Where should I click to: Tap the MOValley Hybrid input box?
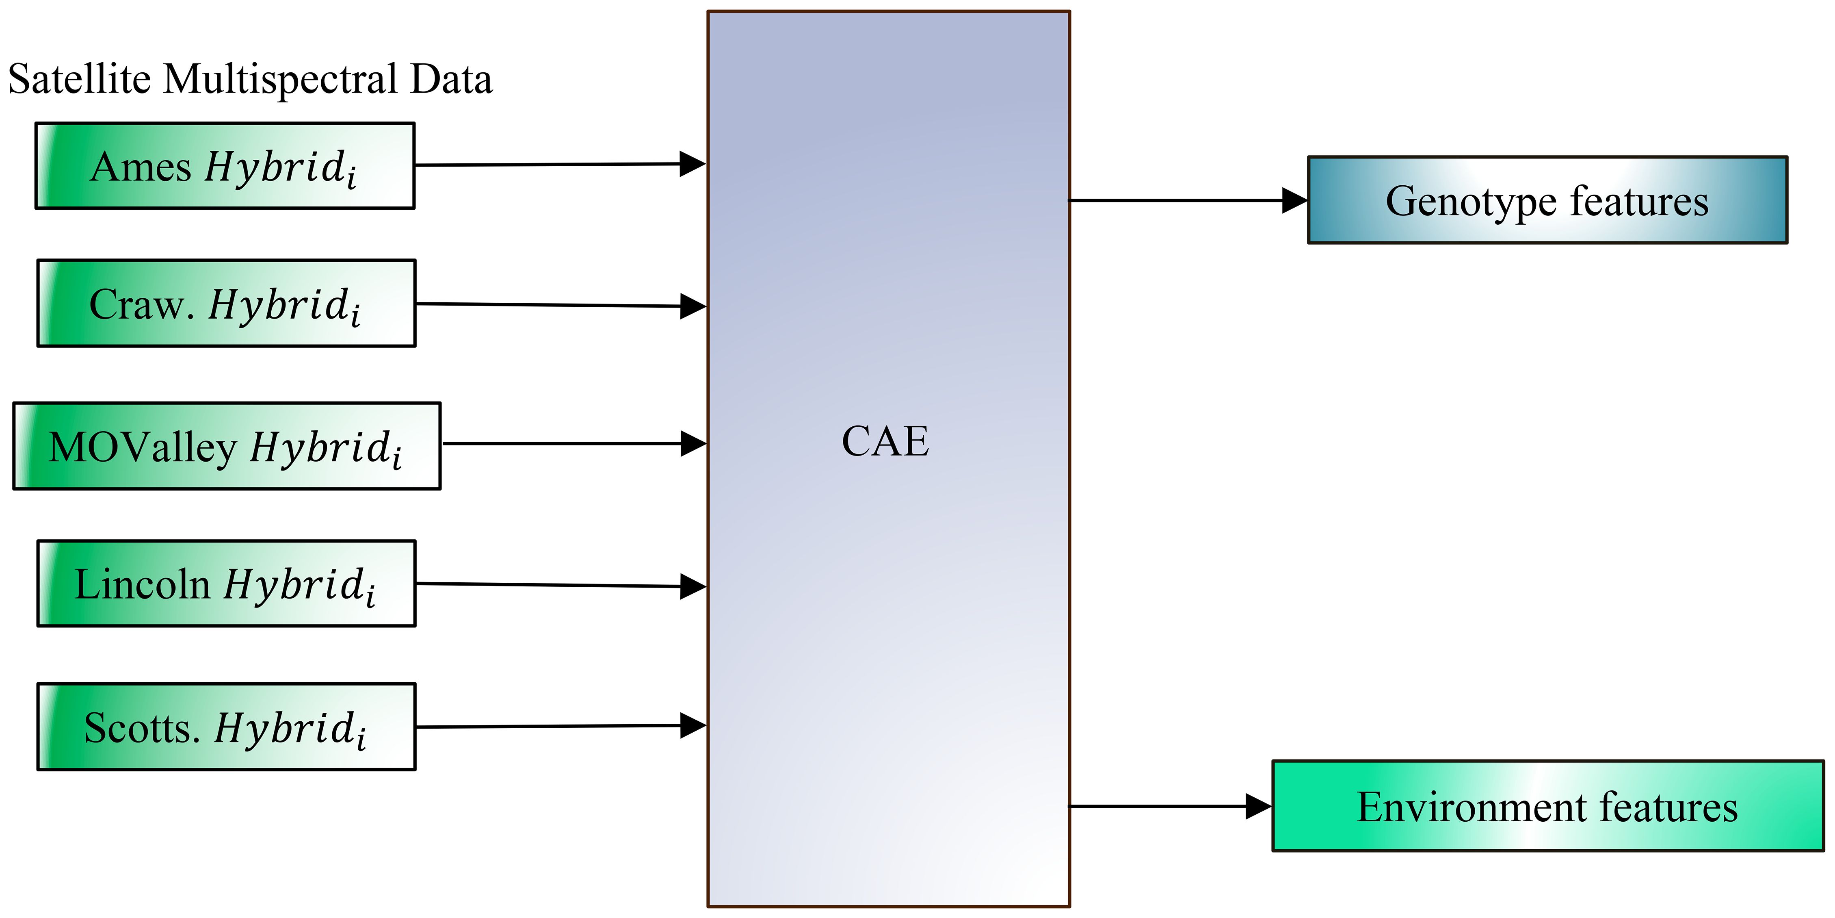227,446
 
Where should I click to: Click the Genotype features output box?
1547,200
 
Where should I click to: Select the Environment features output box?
1547,806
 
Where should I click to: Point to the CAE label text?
885,441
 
